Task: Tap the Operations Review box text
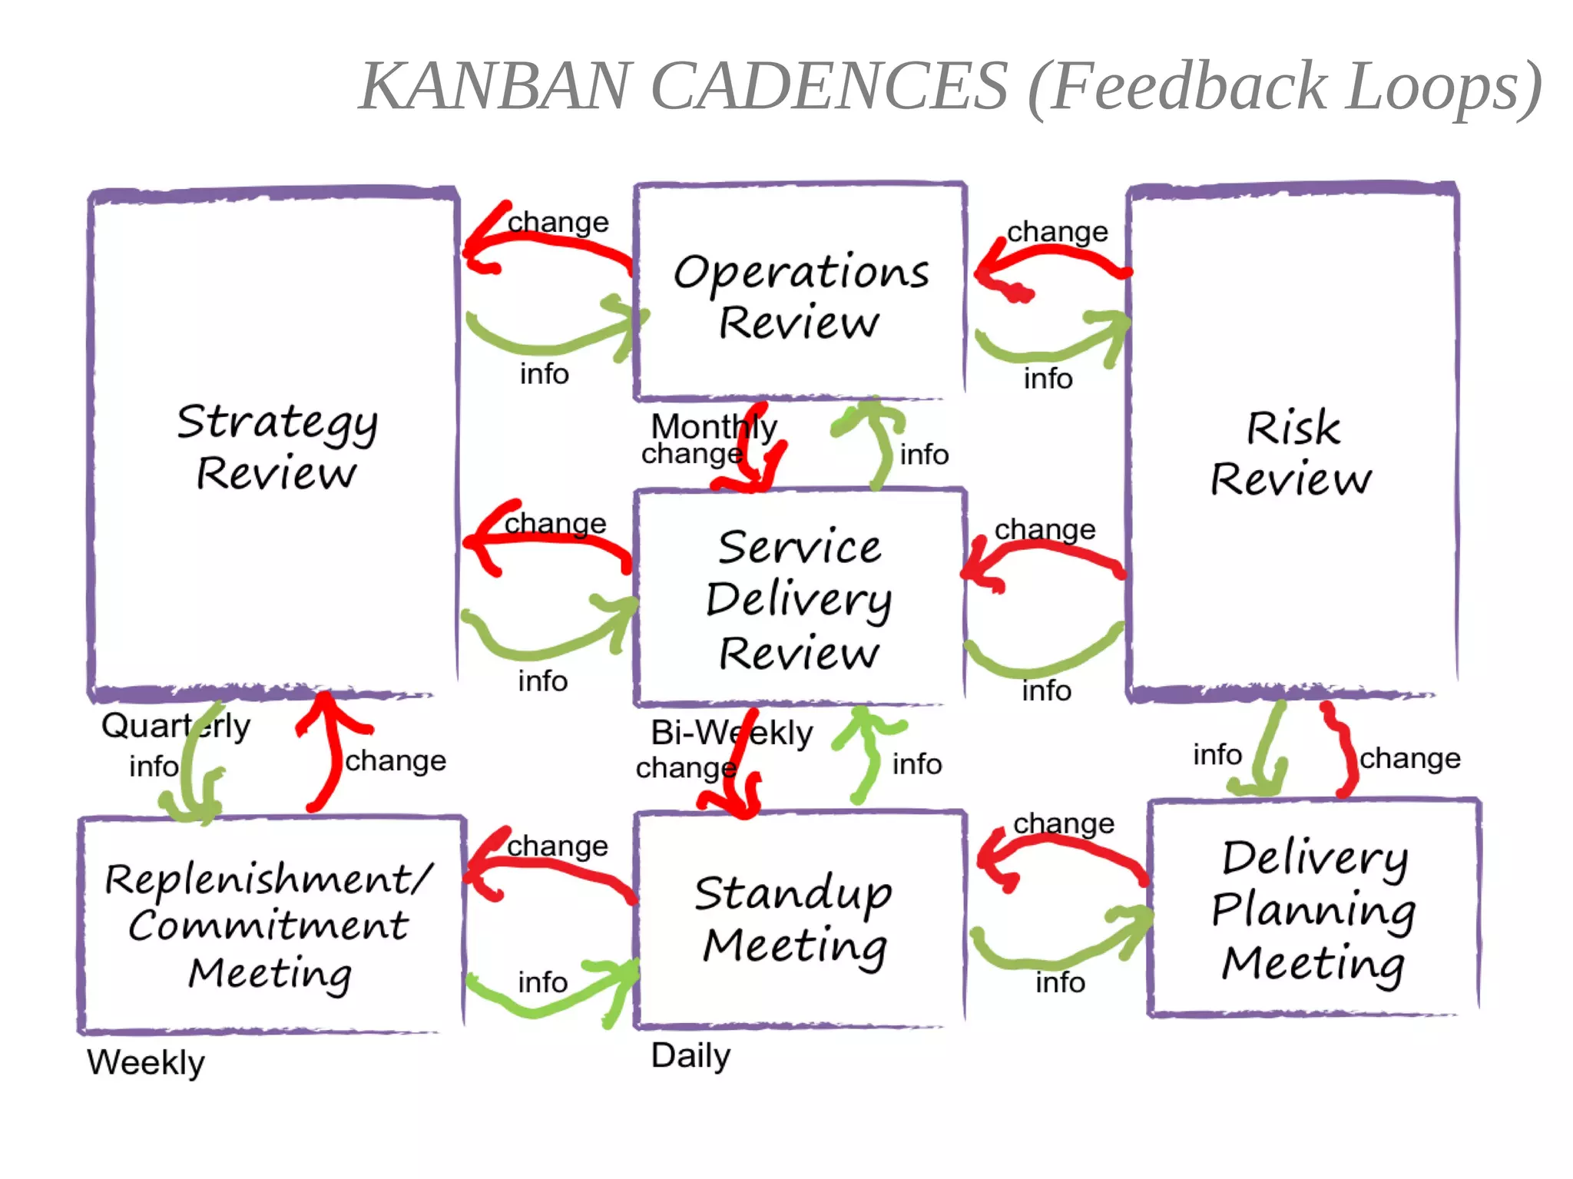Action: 800,296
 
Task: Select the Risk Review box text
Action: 1292,453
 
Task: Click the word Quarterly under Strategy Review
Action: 175,726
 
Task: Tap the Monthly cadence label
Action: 714,426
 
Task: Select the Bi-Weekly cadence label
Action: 730,733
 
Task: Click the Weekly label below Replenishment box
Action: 146,1063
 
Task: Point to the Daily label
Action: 690,1056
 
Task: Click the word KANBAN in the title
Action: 495,86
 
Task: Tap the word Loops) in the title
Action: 1444,86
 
